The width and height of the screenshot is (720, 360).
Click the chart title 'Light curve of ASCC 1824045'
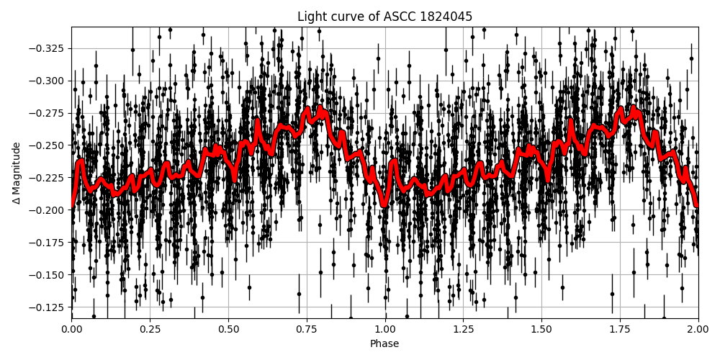pyautogui.click(x=384, y=17)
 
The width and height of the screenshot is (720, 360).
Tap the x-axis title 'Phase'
pyautogui.click(x=384, y=344)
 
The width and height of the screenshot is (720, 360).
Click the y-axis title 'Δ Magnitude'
pyautogui.click(x=17, y=173)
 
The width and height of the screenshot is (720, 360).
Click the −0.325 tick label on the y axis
pyautogui.click(x=46, y=48)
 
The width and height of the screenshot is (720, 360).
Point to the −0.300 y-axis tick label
pyautogui.click(x=46, y=81)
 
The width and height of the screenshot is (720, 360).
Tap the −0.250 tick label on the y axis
pyautogui.click(x=46, y=145)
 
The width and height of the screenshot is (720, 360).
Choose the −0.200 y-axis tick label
pyautogui.click(x=46, y=210)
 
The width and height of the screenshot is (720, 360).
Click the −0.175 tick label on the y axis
pyautogui.click(x=46, y=243)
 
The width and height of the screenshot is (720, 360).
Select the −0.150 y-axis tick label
pyautogui.click(x=46, y=275)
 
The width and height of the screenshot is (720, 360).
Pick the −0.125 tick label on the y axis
pyautogui.click(x=46, y=307)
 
